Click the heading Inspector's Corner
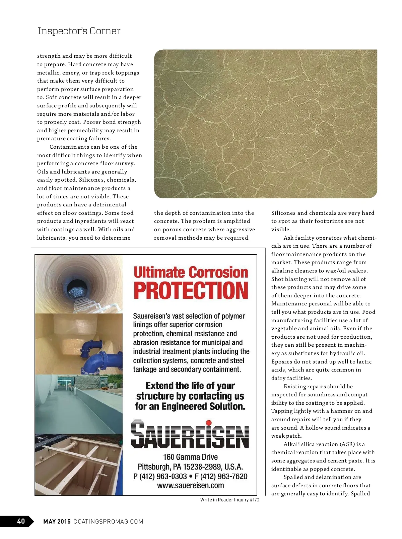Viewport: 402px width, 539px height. (x=79, y=31)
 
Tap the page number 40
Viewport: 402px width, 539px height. (x=21, y=521)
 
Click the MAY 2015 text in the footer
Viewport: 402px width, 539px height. (x=57, y=521)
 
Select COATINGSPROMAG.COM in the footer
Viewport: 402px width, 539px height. (x=108, y=521)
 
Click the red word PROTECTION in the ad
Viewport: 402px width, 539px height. (x=191, y=291)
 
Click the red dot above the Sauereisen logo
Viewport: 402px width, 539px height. (x=208, y=423)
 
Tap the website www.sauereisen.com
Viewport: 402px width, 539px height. (x=190, y=485)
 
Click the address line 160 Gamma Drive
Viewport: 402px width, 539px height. (x=190, y=457)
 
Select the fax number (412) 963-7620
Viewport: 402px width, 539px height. (x=224, y=476)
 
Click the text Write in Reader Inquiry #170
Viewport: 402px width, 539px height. (x=229, y=500)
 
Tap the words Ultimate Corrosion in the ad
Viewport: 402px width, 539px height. (x=191, y=272)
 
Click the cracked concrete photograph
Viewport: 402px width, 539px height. (x=265, y=124)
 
